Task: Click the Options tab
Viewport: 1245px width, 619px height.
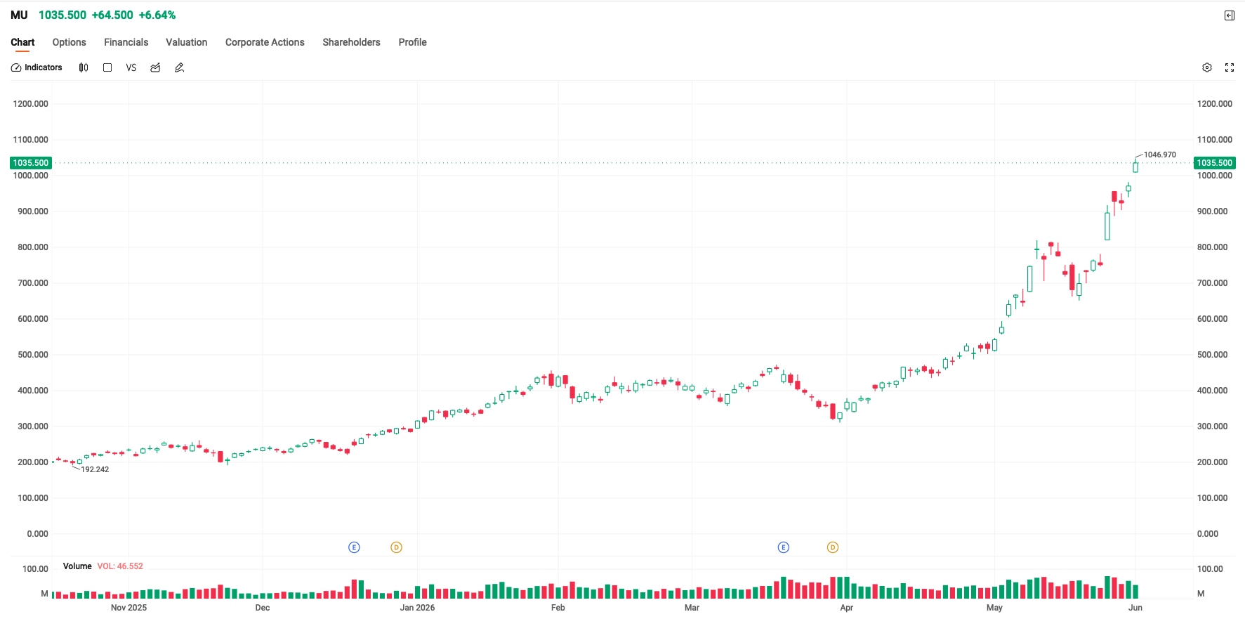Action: coord(69,42)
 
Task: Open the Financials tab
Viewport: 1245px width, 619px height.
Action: coord(126,42)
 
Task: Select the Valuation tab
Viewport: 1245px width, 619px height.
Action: coord(186,42)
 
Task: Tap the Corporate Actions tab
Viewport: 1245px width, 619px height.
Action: coord(265,42)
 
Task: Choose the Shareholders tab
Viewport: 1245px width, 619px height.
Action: coord(351,42)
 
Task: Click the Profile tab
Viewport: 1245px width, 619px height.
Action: coord(412,42)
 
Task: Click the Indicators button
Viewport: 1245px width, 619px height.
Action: coord(37,67)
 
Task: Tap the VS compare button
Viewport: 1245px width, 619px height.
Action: coord(131,67)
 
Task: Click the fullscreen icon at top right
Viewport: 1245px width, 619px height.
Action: coord(1230,67)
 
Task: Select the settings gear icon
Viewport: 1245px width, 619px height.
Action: coord(1207,67)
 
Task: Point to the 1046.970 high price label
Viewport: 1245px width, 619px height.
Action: coord(1160,155)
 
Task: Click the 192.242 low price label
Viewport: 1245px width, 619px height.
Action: coord(95,469)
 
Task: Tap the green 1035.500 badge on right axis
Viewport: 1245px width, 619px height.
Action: coord(1215,163)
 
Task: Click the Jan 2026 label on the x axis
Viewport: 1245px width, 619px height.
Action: coord(417,608)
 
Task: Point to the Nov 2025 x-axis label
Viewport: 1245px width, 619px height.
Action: coord(129,608)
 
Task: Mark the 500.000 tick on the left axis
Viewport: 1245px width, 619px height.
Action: coord(33,355)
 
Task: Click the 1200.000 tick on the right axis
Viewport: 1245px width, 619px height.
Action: coord(1215,104)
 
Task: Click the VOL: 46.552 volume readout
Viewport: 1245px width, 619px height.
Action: coord(120,566)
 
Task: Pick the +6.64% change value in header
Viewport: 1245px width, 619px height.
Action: coord(157,15)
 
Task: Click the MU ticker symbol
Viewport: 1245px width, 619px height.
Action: coord(19,15)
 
